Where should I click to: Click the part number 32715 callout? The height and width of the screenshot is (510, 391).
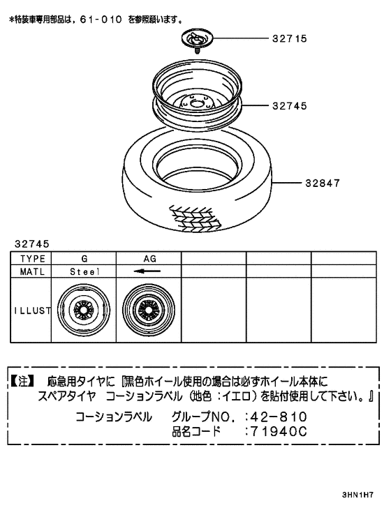pyautogui.click(x=289, y=39)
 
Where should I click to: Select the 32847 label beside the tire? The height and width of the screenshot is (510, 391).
pyautogui.click(x=323, y=183)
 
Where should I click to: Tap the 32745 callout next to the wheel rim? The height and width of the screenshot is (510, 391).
pyautogui.click(x=289, y=107)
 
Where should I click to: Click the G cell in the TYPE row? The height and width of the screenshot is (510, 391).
pyautogui.click(x=84, y=258)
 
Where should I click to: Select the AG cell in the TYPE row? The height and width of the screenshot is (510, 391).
pyautogui.click(x=149, y=258)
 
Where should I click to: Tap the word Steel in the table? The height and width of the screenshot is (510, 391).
pyautogui.click(x=84, y=271)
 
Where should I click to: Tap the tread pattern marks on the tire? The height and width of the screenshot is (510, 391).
pyautogui.click(x=195, y=217)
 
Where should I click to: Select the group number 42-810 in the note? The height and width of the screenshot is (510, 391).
pyautogui.click(x=278, y=417)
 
